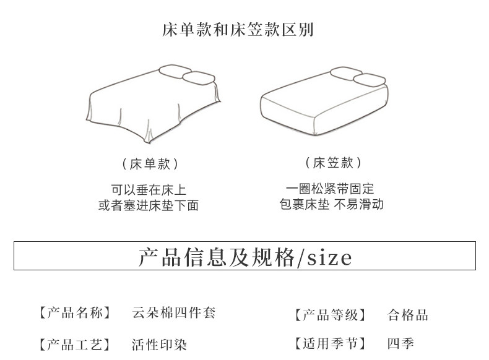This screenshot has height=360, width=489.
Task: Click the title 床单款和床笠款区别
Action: tap(238, 29)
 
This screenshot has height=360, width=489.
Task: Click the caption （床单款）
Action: tap(149, 164)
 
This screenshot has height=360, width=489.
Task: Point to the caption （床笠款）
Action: tap(333, 163)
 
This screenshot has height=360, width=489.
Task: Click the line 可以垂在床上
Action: tap(149, 190)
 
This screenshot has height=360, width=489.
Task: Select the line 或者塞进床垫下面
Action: tap(149, 205)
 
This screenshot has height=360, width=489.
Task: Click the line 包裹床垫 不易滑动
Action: tap(331, 204)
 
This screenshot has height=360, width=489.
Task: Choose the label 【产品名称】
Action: tap(74, 313)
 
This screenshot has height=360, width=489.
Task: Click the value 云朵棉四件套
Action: tap(174, 313)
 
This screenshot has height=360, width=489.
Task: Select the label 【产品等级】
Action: tap(330, 315)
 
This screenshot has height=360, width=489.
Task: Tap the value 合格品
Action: tap(408, 315)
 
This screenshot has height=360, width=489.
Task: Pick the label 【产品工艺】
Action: tap(74, 345)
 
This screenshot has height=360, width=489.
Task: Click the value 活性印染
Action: tap(159, 345)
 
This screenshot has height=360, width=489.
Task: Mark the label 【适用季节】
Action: tap(330, 344)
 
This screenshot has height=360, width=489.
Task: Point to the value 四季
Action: tap(400, 344)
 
